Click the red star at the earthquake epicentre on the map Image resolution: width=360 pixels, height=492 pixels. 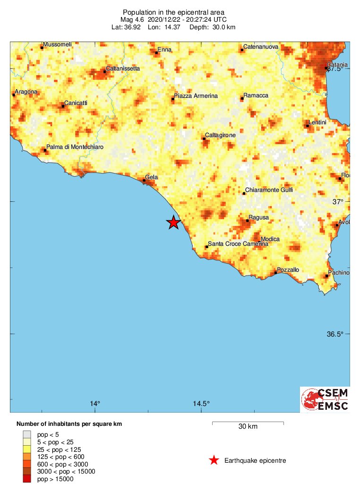(173, 223)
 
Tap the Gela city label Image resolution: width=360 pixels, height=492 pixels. (151, 177)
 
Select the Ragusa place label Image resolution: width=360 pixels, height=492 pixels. (259, 217)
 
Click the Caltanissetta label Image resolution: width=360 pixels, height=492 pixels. (123, 69)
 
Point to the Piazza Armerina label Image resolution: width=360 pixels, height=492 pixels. (196, 96)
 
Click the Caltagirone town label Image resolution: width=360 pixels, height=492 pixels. (220, 135)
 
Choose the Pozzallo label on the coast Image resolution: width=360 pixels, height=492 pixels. (288, 269)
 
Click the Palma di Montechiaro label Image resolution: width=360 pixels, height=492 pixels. (75, 147)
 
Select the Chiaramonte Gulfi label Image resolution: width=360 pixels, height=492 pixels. (269, 190)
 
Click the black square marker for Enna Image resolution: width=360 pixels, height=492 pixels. (156, 53)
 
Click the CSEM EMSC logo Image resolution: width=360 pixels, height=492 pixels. (325, 399)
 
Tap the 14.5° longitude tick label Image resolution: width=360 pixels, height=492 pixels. (201, 404)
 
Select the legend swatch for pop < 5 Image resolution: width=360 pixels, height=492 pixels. (27, 434)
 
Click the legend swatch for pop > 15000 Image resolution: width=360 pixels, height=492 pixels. (27, 479)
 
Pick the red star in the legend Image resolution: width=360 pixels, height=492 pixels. (214, 460)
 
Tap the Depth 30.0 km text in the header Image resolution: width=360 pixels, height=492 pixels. (212, 27)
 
